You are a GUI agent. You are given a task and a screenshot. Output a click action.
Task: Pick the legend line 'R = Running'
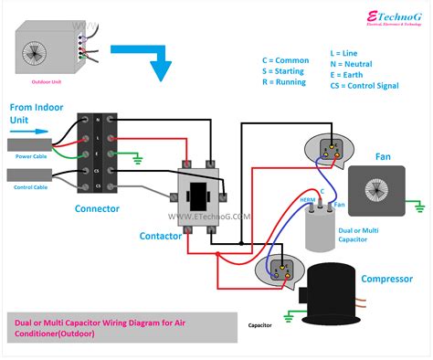point(287,82)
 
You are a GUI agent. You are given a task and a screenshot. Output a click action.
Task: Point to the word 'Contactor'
point(162,236)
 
